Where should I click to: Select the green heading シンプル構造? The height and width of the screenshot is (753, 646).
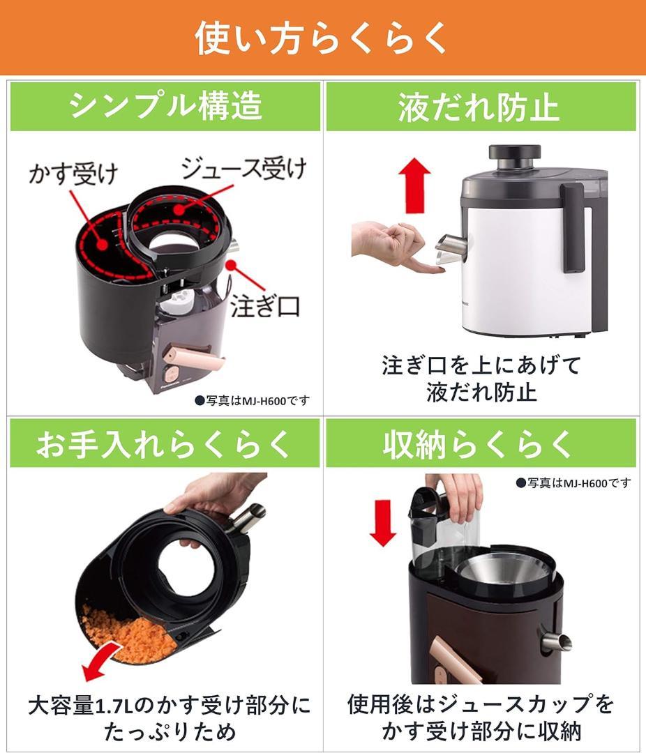(165, 107)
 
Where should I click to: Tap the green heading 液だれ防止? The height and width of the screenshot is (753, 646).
(479, 107)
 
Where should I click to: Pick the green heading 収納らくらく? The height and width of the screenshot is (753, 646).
(479, 444)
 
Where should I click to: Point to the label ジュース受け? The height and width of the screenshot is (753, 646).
(243, 169)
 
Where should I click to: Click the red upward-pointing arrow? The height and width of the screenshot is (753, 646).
(417, 183)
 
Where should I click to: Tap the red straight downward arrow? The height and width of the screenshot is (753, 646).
(383, 521)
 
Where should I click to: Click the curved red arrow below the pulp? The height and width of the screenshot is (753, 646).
(105, 662)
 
